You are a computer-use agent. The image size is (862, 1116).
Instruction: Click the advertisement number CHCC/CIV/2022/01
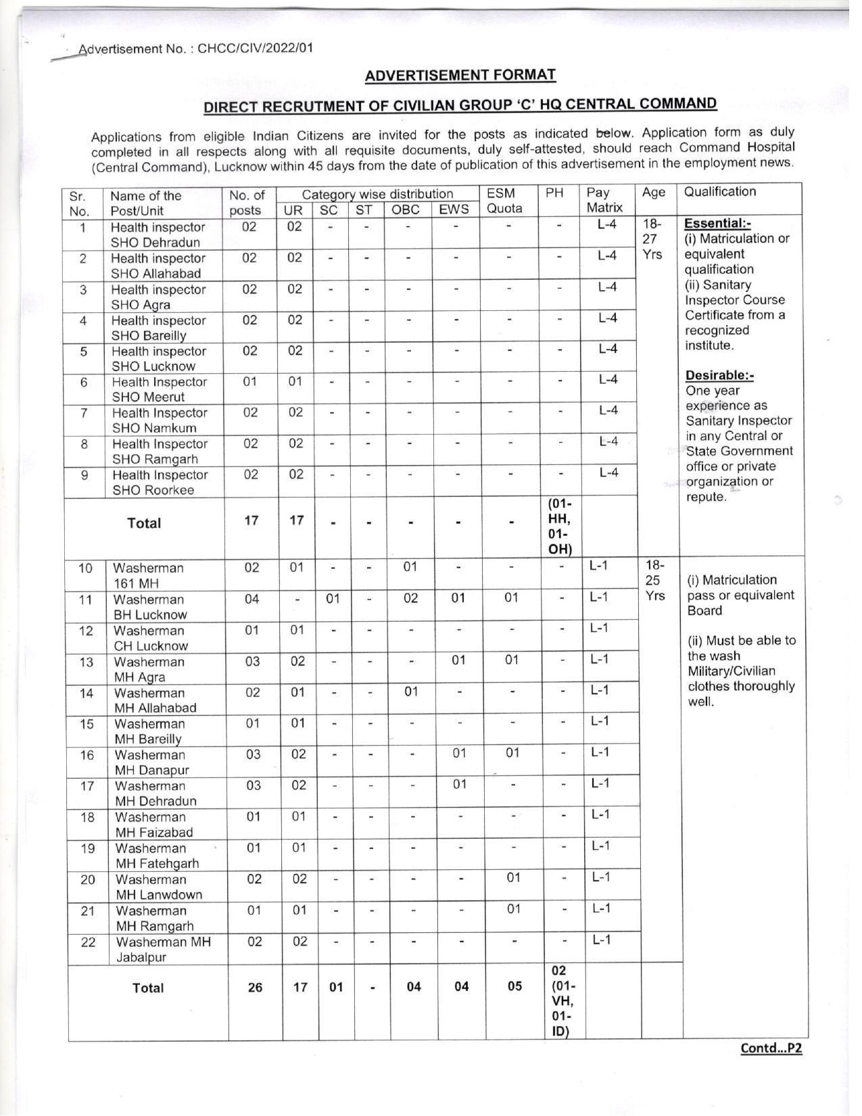tap(255, 49)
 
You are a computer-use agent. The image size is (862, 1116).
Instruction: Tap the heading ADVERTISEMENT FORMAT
tap(460, 75)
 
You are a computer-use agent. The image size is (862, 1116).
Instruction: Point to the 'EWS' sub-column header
tap(454, 210)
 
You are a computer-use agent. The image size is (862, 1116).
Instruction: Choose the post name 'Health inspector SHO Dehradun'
tap(158, 235)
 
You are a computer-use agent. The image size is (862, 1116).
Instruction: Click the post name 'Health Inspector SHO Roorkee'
tap(160, 483)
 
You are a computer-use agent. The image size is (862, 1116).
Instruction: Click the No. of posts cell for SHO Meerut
tap(249, 381)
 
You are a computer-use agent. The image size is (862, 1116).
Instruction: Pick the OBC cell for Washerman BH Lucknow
tap(410, 598)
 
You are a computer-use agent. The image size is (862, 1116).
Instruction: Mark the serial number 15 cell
tap(87, 724)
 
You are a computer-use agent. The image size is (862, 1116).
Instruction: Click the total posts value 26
tap(255, 988)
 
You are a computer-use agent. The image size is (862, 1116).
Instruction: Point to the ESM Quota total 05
tap(514, 986)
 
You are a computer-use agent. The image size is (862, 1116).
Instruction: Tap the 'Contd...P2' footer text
tap(771, 1048)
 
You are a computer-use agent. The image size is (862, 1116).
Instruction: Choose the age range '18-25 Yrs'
tap(654, 580)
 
